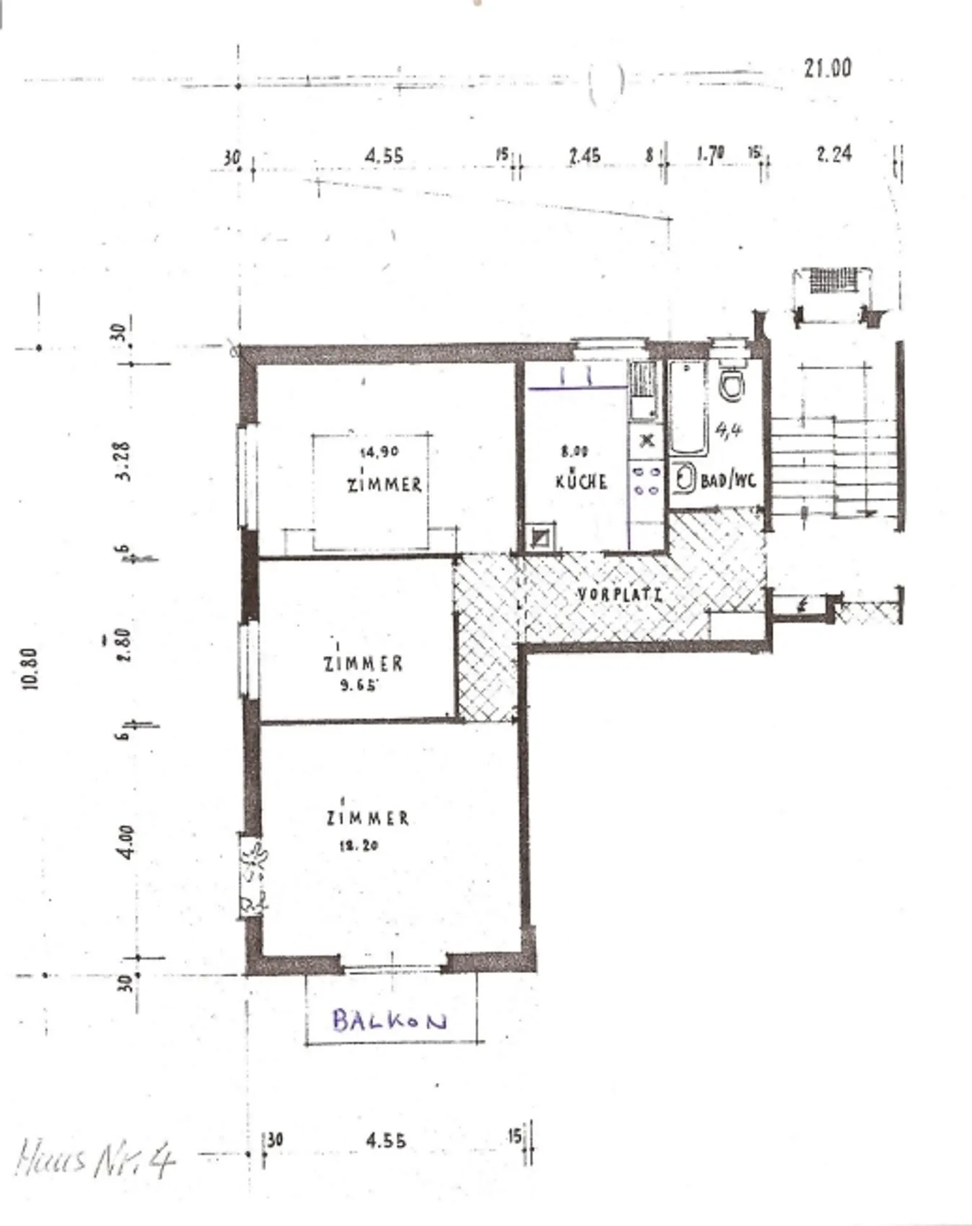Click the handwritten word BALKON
coord(389,1020)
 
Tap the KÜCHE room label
coord(581,481)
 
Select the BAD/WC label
coord(728,481)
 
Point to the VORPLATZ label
coord(620,595)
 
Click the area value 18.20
coord(358,845)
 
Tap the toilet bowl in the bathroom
coord(732,385)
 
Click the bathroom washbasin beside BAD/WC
coord(684,479)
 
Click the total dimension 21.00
coord(828,68)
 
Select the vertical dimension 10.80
coord(30,668)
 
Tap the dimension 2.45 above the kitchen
coord(585,156)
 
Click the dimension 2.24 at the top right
coord(834,155)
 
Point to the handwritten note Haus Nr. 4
coord(94,1159)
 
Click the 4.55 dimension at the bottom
coord(386,1141)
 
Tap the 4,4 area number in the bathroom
coord(728,429)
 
